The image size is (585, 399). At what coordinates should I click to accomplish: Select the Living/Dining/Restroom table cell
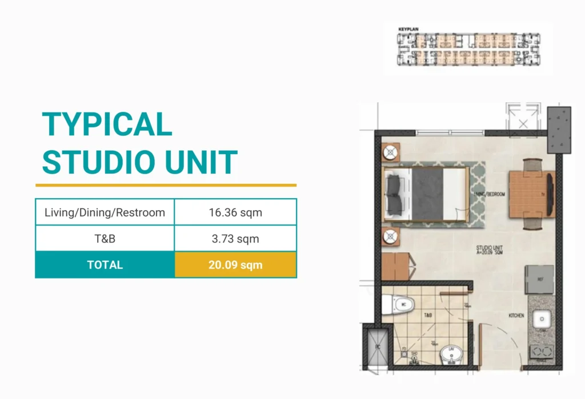click(105, 213)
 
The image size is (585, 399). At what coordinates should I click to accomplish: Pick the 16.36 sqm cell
click(235, 213)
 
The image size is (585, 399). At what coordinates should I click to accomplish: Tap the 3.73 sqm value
click(235, 239)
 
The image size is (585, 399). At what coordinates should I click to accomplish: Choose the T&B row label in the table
click(105, 239)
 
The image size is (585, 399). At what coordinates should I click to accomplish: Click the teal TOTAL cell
click(105, 265)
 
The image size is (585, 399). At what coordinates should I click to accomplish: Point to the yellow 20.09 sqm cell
click(235, 265)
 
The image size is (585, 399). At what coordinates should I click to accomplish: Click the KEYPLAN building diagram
click(467, 49)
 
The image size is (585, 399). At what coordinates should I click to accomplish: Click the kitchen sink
click(541, 320)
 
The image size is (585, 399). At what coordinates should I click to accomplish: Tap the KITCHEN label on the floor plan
click(516, 315)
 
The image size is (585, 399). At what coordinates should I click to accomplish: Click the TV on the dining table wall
click(550, 194)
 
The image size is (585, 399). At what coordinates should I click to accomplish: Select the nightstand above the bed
click(391, 152)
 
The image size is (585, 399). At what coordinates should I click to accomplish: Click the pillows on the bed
click(394, 193)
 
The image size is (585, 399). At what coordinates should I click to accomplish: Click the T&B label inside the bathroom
click(427, 315)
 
